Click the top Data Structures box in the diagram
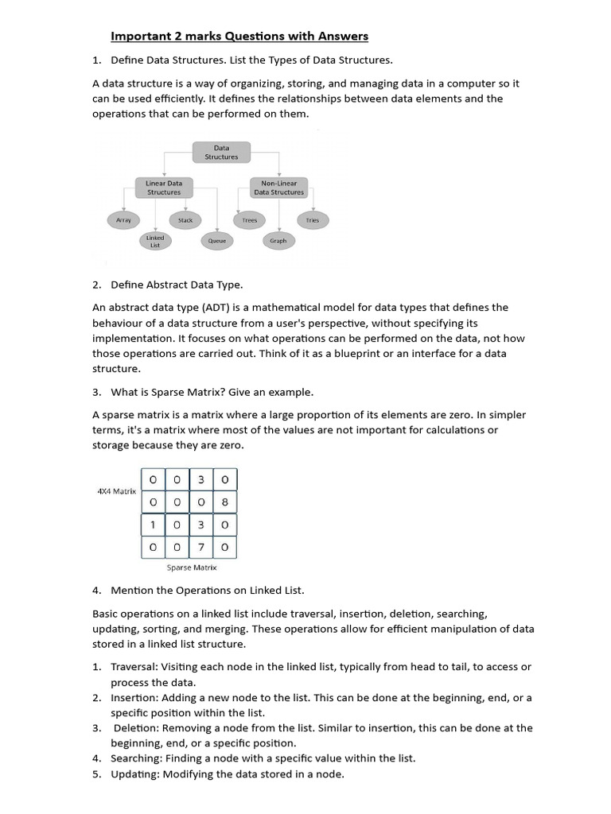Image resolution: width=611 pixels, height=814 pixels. pyautogui.click(x=221, y=152)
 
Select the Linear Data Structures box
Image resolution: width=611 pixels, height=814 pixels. pyautogui.click(x=164, y=188)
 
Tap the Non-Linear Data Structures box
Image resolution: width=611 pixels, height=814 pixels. pyautogui.click(x=278, y=188)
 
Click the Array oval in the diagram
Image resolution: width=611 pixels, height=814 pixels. pyautogui.click(x=123, y=220)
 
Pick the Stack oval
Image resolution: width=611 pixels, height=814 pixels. pyautogui.click(x=185, y=220)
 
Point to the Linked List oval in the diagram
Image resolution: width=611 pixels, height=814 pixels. pyautogui.click(x=155, y=241)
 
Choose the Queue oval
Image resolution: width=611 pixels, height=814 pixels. pyautogui.click(x=217, y=241)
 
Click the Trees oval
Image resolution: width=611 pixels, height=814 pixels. pyautogui.click(x=250, y=220)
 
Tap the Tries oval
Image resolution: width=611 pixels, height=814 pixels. pyautogui.click(x=313, y=220)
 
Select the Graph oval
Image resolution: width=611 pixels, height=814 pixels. pyautogui.click(x=278, y=240)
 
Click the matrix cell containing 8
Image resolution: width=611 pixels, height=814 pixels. pyautogui.click(x=224, y=502)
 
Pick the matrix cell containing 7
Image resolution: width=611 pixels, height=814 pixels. pyautogui.click(x=200, y=547)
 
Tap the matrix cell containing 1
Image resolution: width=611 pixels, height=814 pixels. pyautogui.click(x=153, y=525)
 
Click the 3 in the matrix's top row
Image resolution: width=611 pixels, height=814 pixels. pyautogui.click(x=200, y=479)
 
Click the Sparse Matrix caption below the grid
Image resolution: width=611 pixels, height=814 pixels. pyautogui.click(x=191, y=568)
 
